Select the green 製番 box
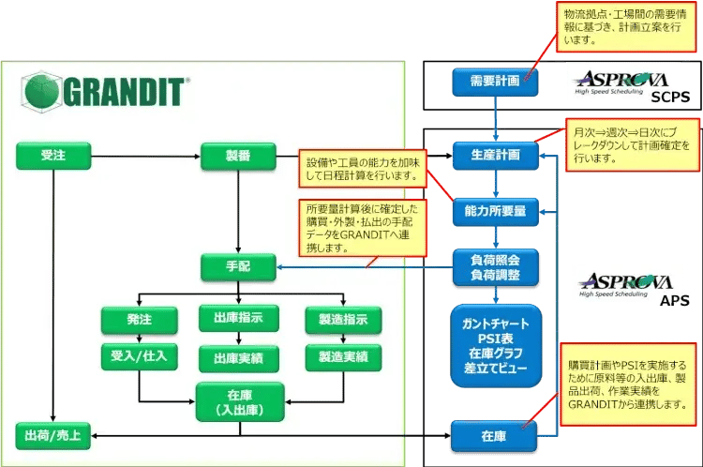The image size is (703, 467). pos(238,156)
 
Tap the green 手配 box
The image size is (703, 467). pos(238,268)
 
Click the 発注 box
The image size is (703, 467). pos(139,320)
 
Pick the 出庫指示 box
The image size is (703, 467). pos(238,320)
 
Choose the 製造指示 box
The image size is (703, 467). pos(337,320)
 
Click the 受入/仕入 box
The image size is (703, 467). pos(139,356)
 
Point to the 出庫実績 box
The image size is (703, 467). pos(238,357)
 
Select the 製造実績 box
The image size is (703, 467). pos(337,357)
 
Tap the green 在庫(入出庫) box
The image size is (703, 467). pos(238,403)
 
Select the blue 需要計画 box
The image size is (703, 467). pos(495,82)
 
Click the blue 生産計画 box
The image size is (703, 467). pos(495,154)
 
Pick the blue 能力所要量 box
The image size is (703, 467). pos(495,212)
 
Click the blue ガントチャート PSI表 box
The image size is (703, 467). pos(495,345)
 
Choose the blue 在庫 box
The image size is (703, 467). pos(495,436)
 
